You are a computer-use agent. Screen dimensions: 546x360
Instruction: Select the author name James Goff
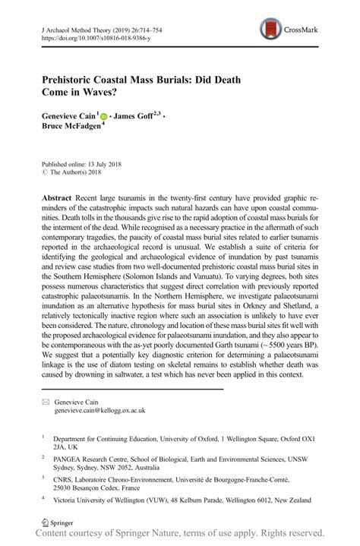(x=134, y=117)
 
